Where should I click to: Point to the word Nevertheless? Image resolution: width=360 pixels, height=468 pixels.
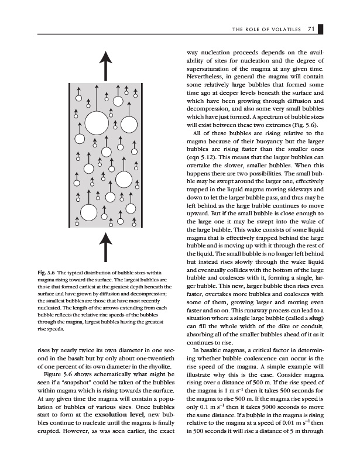(209, 77)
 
